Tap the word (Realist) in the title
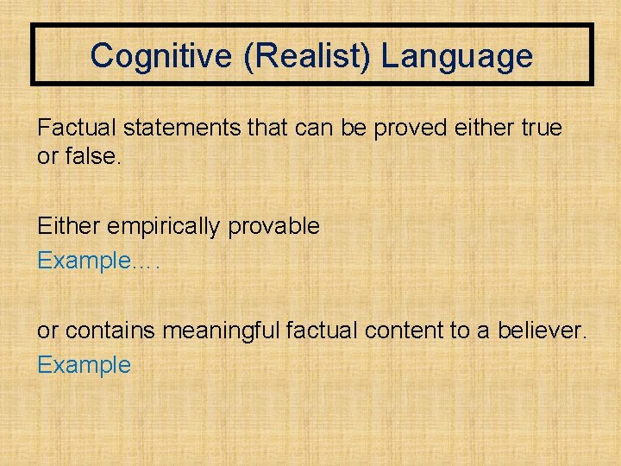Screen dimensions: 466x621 pyautogui.click(x=295, y=57)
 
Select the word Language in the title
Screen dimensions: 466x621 pyautogui.click(x=457, y=57)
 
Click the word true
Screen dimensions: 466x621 pyautogui.click(x=541, y=129)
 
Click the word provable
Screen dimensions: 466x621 pyautogui.click(x=273, y=227)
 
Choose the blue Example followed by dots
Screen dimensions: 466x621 pyautogui.click(x=84, y=261)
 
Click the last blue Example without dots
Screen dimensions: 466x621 pyautogui.click(x=84, y=365)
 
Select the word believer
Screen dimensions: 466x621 pyautogui.click(x=542, y=331)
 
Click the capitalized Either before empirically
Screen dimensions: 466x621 pyautogui.click(x=66, y=226)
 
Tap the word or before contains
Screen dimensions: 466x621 pyautogui.click(x=47, y=331)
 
